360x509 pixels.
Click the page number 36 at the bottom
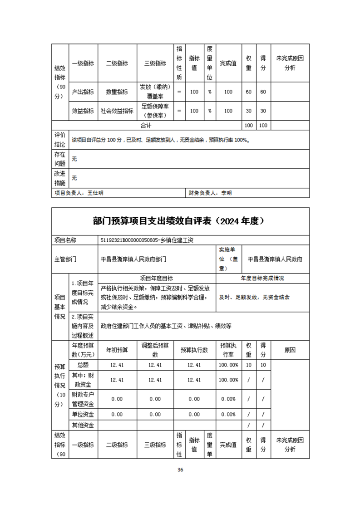click(180, 470)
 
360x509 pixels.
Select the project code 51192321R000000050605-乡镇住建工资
click(150, 240)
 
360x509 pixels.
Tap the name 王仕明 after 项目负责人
click(95, 193)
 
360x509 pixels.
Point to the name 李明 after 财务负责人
click(226, 193)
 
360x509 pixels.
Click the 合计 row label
click(146, 125)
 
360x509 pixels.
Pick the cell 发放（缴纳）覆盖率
click(155, 92)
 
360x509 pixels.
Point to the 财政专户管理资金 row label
click(83, 399)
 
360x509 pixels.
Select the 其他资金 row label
click(83, 425)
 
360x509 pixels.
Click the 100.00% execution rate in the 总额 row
click(228, 365)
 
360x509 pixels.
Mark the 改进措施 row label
click(59, 178)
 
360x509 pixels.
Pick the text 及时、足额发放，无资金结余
click(254, 298)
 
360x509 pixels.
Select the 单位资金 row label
click(83, 414)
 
